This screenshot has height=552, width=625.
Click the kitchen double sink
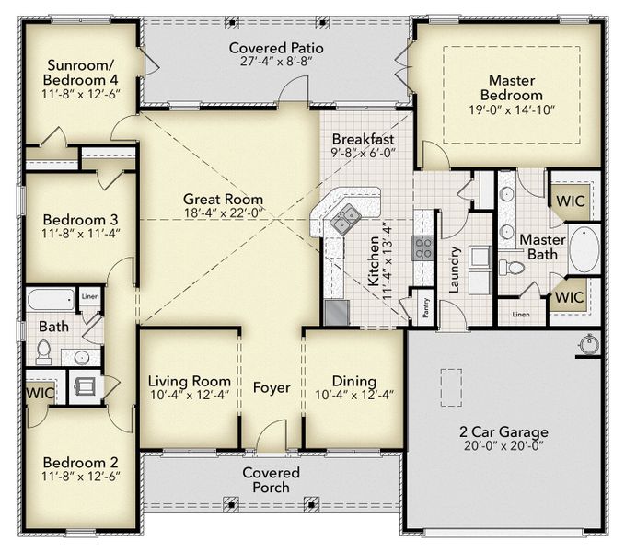347,219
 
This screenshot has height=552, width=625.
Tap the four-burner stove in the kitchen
422,247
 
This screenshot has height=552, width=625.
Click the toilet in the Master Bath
513,268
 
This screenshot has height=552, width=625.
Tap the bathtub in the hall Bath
50,301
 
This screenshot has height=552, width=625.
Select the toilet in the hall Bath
42,351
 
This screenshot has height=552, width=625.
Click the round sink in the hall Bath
82,357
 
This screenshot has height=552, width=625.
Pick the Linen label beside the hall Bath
89,295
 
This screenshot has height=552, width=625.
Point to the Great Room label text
223,199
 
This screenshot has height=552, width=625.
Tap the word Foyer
272,387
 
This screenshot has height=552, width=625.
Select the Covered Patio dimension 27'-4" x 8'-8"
275,63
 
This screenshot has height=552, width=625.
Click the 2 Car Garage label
503,431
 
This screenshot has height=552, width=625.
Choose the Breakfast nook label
363,139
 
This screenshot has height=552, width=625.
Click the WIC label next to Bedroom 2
41,390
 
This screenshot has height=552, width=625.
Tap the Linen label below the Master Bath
520,315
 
